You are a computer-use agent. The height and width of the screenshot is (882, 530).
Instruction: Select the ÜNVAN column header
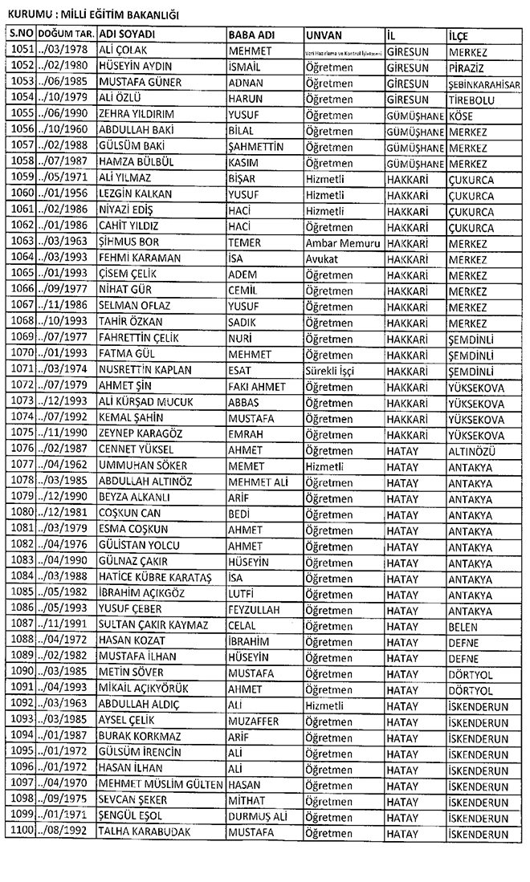[324, 35]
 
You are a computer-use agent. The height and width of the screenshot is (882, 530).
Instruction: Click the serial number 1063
[22, 242]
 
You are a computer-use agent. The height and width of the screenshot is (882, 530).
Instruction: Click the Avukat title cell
[324, 258]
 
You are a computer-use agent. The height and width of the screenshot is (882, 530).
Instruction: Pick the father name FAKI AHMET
[257, 386]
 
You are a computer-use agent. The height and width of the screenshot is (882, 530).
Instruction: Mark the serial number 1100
[22, 832]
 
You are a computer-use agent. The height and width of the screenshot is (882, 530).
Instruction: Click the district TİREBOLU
[472, 99]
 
